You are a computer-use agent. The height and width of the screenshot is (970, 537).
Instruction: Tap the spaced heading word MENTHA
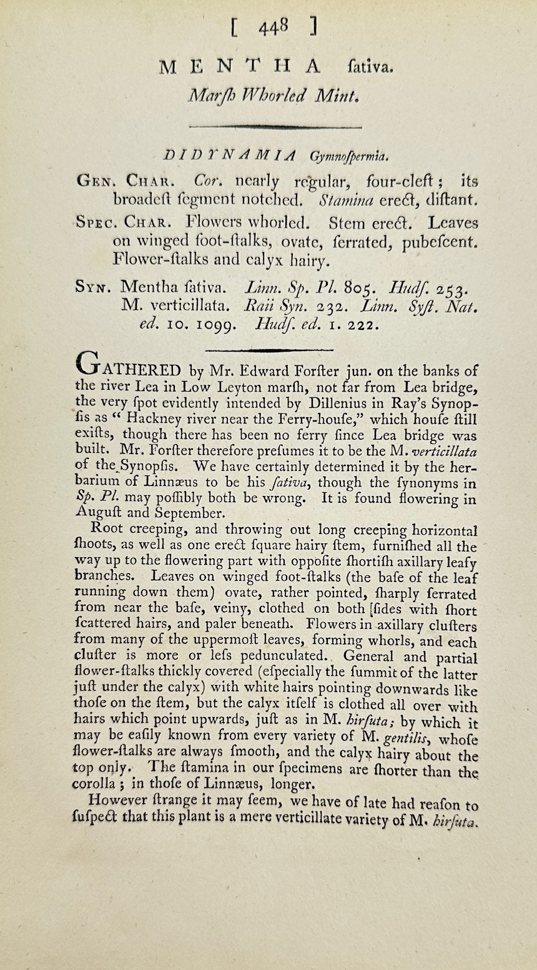point(240,67)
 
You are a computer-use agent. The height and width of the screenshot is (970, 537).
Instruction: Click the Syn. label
point(92,287)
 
